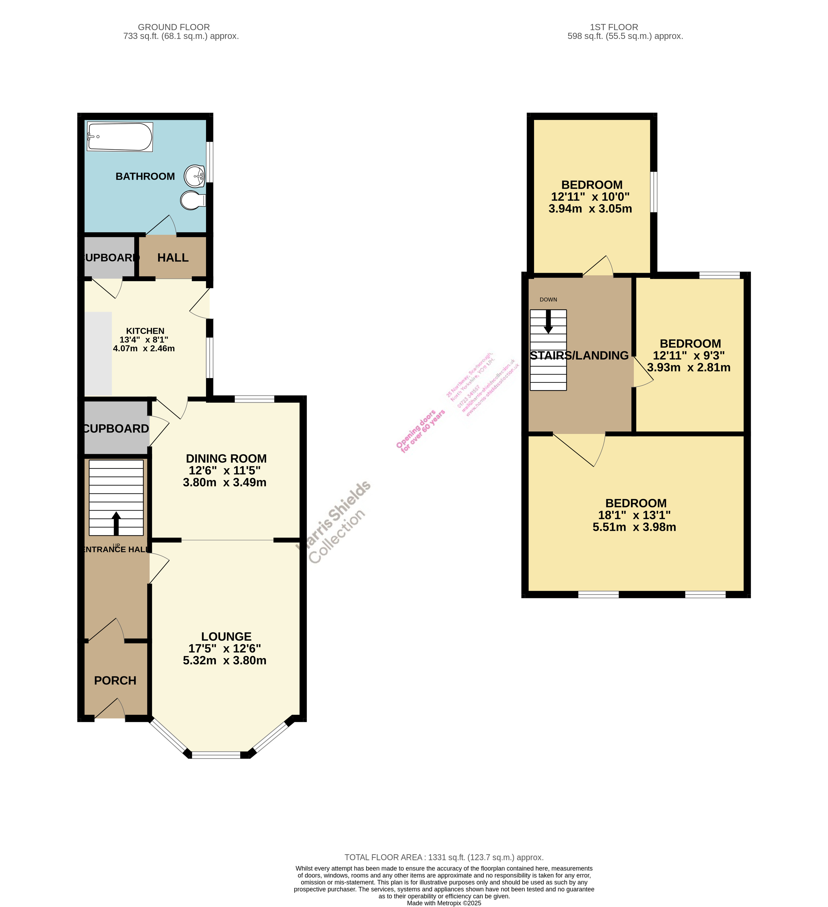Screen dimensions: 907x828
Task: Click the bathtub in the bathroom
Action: click(120, 137)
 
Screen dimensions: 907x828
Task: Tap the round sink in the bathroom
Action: click(195, 176)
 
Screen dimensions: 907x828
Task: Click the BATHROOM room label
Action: click(145, 176)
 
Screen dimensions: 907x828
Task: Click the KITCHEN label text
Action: click(145, 331)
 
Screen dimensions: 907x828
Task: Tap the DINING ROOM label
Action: click(226, 459)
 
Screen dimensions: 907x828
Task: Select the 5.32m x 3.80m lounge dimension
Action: click(224, 661)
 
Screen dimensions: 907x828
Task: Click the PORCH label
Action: click(115, 681)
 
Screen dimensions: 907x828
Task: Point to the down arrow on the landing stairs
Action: click(548, 322)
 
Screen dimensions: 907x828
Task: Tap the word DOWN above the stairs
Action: click(548, 300)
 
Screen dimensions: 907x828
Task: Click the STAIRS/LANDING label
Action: click(579, 355)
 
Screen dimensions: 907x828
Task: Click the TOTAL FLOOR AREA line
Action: click(444, 857)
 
